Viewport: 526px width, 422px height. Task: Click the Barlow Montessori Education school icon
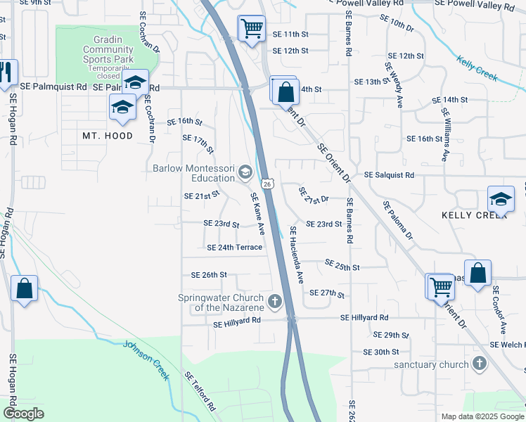point(245,172)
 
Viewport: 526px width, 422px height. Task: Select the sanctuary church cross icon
point(480,364)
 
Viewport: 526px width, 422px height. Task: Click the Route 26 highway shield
point(268,184)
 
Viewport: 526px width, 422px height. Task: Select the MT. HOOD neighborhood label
point(108,136)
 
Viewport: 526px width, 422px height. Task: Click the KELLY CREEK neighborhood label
point(474,215)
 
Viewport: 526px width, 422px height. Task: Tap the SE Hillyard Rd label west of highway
point(237,320)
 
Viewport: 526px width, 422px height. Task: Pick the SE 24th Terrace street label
point(235,247)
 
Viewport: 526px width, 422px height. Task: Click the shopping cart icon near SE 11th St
point(251,29)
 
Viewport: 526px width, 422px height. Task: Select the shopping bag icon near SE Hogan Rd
point(24,288)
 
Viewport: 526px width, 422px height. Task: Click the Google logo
point(23,414)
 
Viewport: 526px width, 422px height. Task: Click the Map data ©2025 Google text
point(482,416)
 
